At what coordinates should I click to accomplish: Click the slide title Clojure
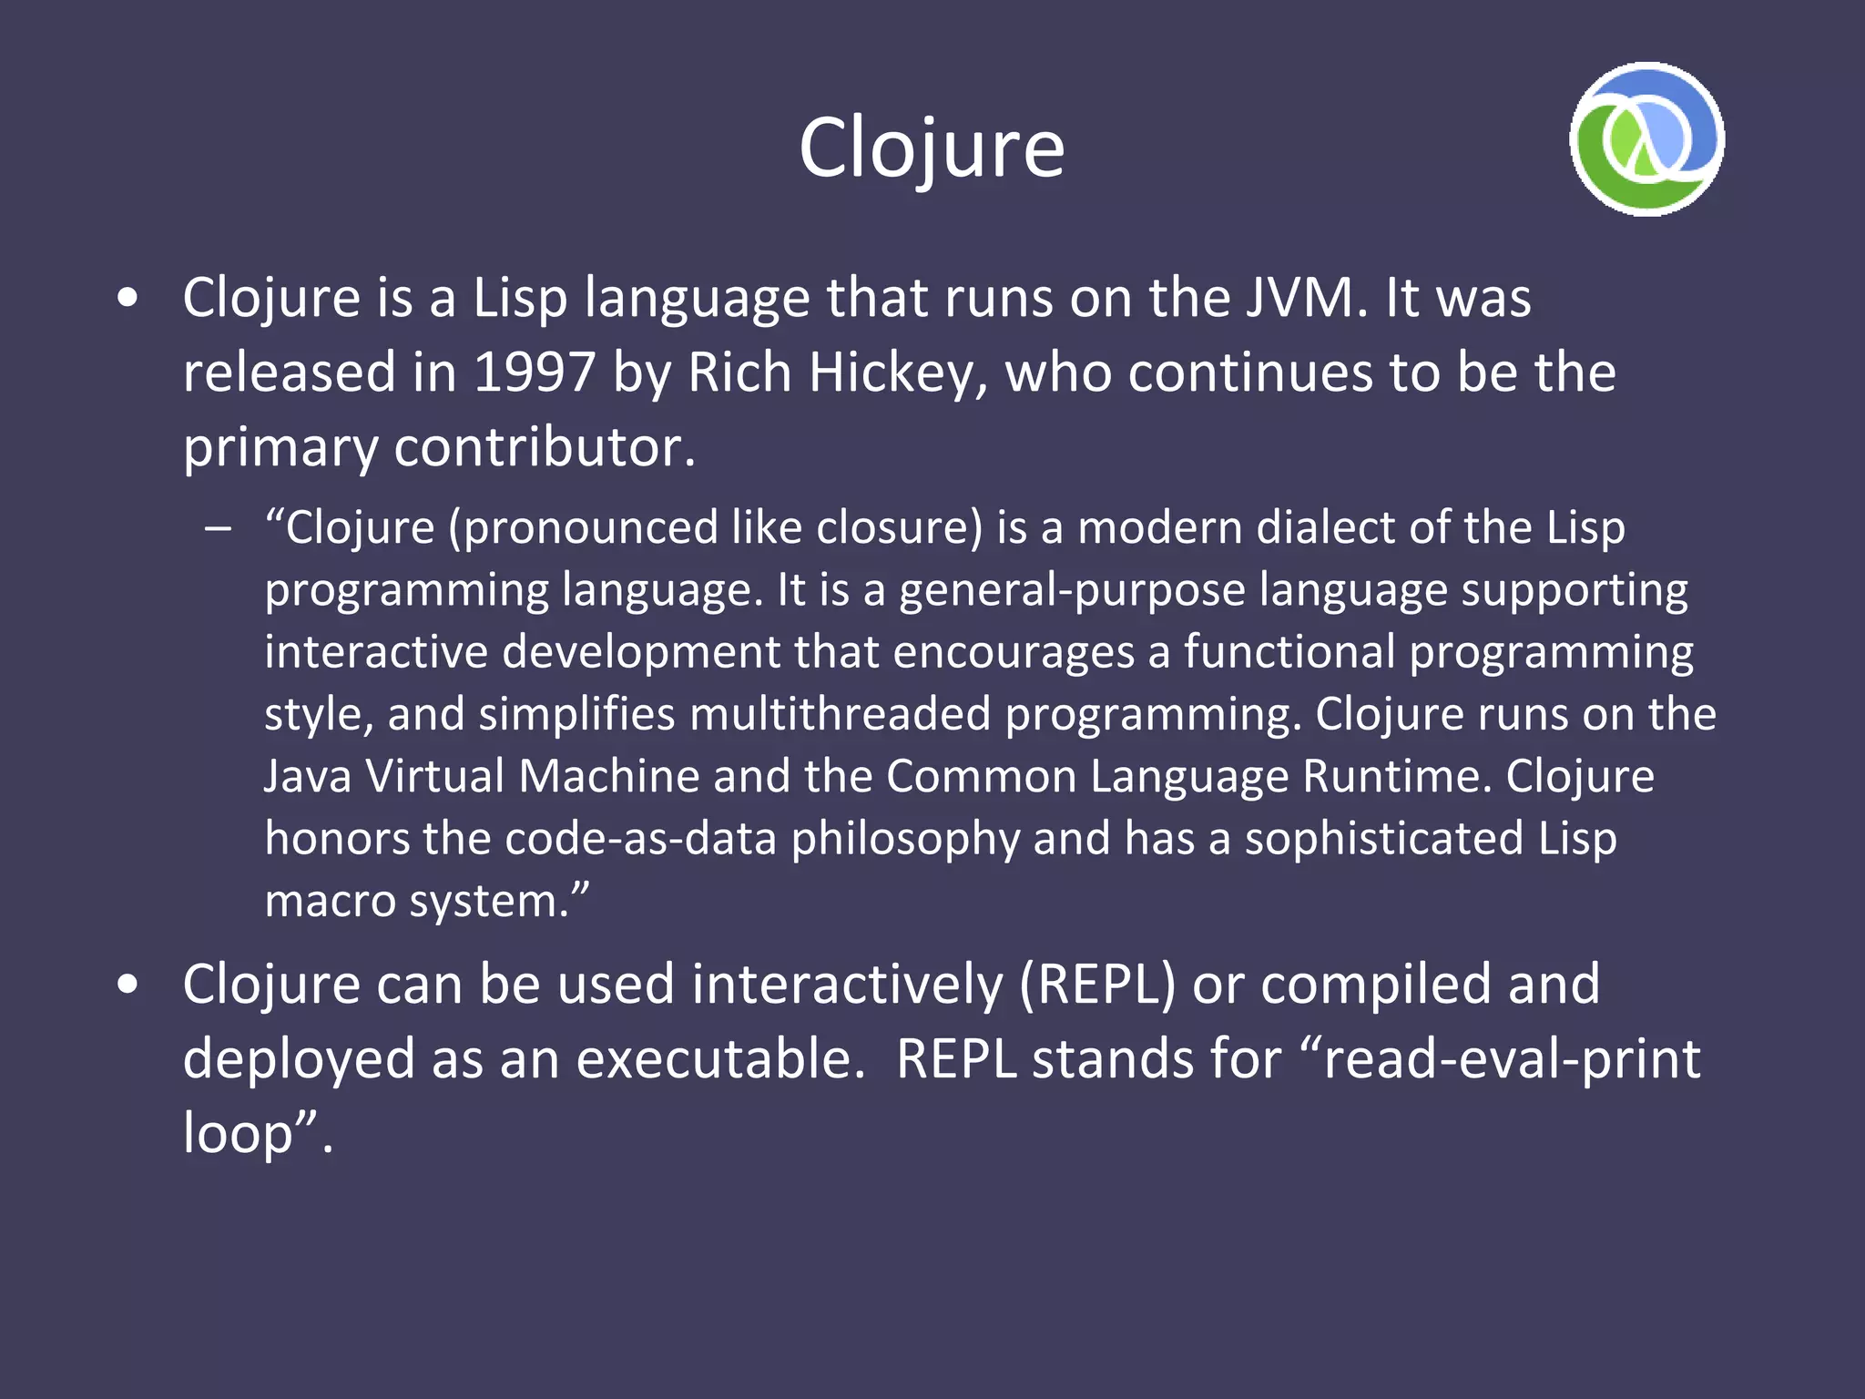pyautogui.click(x=932, y=148)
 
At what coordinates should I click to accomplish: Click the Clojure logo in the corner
pyautogui.click(x=1646, y=139)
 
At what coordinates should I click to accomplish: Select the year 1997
pyautogui.click(x=535, y=373)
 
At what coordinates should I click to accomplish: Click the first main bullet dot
pyautogui.click(x=128, y=298)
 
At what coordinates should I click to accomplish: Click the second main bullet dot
pyautogui.click(x=128, y=985)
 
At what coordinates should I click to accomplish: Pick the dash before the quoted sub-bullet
pyautogui.click(x=219, y=528)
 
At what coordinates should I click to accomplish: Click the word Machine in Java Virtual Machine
pyautogui.click(x=608, y=776)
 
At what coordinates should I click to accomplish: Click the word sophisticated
pyautogui.click(x=1383, y=838)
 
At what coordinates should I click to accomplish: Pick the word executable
pyautogui.click(x=719, y=1059)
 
